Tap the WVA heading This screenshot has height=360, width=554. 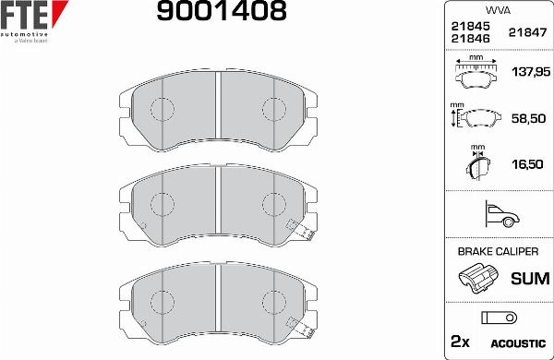[x=498, y=11]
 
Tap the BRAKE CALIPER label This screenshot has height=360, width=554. [x=498, y=251]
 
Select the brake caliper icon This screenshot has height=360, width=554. [x=477, y=278]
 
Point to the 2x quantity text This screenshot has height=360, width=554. [x=460, y=341]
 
